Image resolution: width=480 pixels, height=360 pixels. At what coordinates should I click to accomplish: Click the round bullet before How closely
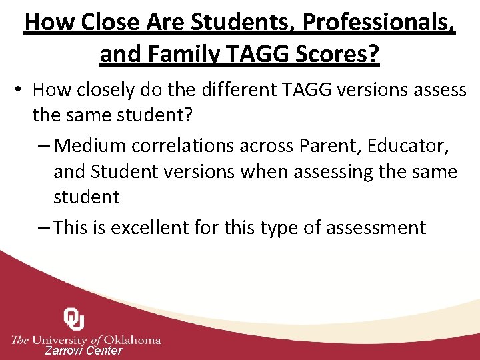coord(20,89)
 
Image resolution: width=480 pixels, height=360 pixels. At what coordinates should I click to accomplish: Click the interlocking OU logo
coord(73,319)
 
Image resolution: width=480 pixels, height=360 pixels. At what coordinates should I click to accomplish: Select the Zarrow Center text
coord(83,351)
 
